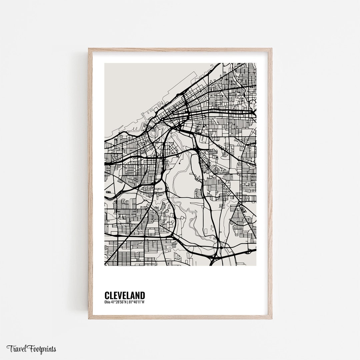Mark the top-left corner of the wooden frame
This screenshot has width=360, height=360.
89,49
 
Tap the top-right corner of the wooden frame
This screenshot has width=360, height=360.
271,49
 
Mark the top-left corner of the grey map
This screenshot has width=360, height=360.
105,64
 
